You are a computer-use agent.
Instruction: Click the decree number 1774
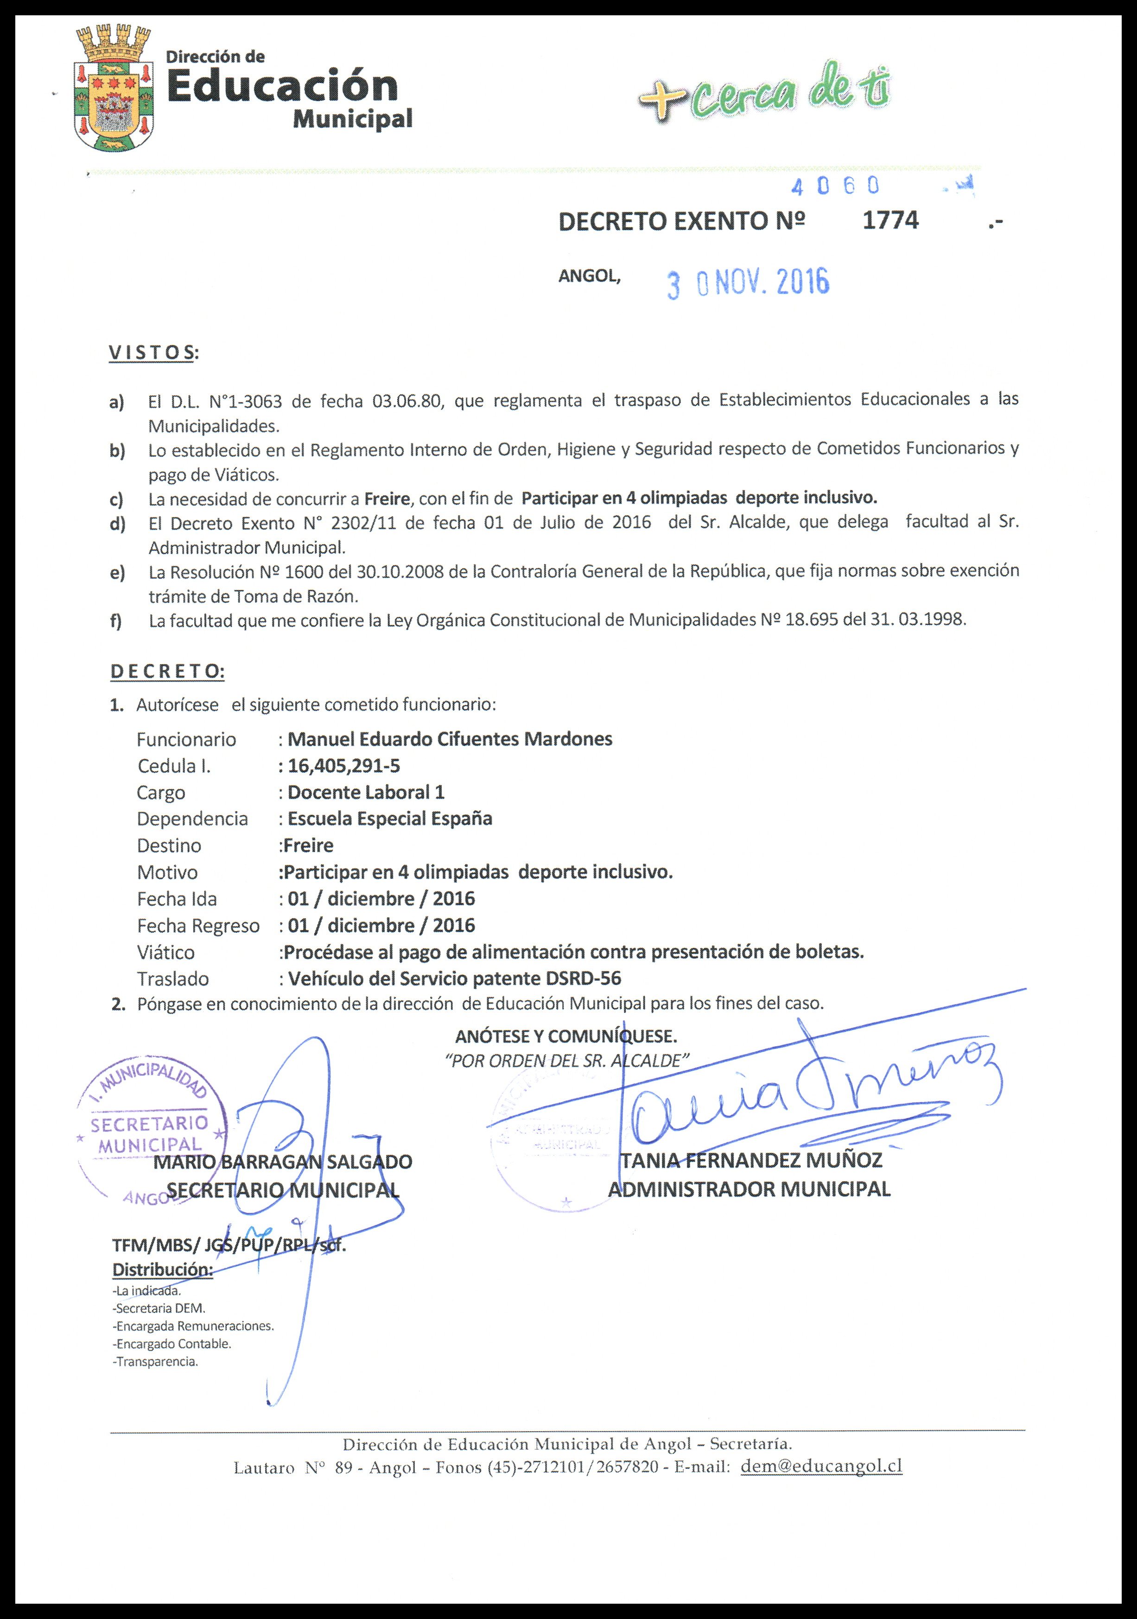pos(890,221)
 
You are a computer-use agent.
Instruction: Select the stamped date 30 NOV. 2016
pos(748,283)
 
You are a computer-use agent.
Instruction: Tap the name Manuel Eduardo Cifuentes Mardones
pos(450,739)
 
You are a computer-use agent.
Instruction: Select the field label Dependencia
pos(192,819)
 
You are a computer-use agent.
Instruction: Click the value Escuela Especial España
pos(390,819)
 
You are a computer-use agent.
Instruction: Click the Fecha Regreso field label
pos(198,926)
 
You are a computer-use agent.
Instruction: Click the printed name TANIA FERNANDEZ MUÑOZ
pos(751,1160)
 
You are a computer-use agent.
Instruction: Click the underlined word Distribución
pos(162,1270)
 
